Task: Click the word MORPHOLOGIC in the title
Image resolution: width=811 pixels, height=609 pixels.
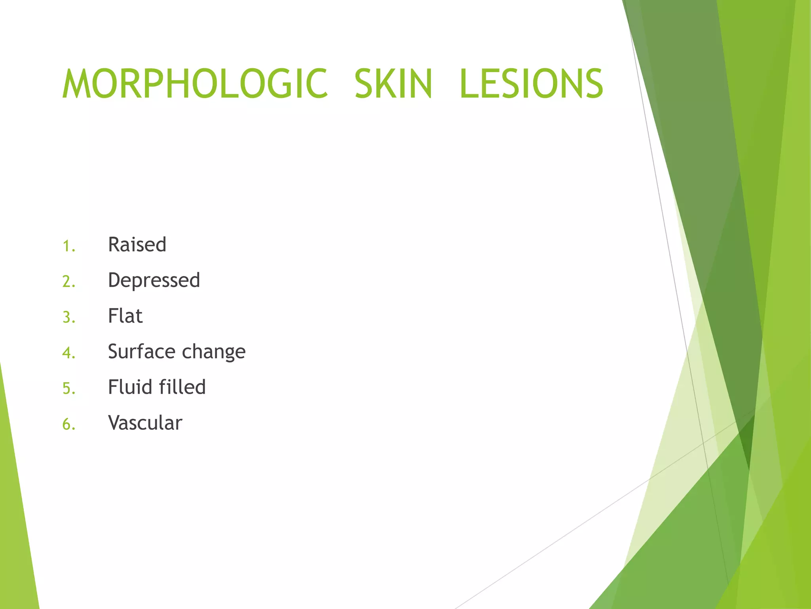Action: (x=195, y=84)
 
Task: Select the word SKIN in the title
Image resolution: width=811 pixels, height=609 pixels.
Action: (x=393, y=84)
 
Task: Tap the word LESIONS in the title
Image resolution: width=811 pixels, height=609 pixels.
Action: (x=531, y=84)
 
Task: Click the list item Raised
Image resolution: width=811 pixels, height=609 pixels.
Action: (x=137, y=245)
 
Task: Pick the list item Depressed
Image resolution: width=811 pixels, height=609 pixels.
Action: (x=154, y=281)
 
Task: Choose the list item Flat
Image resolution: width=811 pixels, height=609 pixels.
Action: (x=125, y=316)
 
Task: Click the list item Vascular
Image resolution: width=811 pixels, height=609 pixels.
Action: (x=145, y=423)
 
